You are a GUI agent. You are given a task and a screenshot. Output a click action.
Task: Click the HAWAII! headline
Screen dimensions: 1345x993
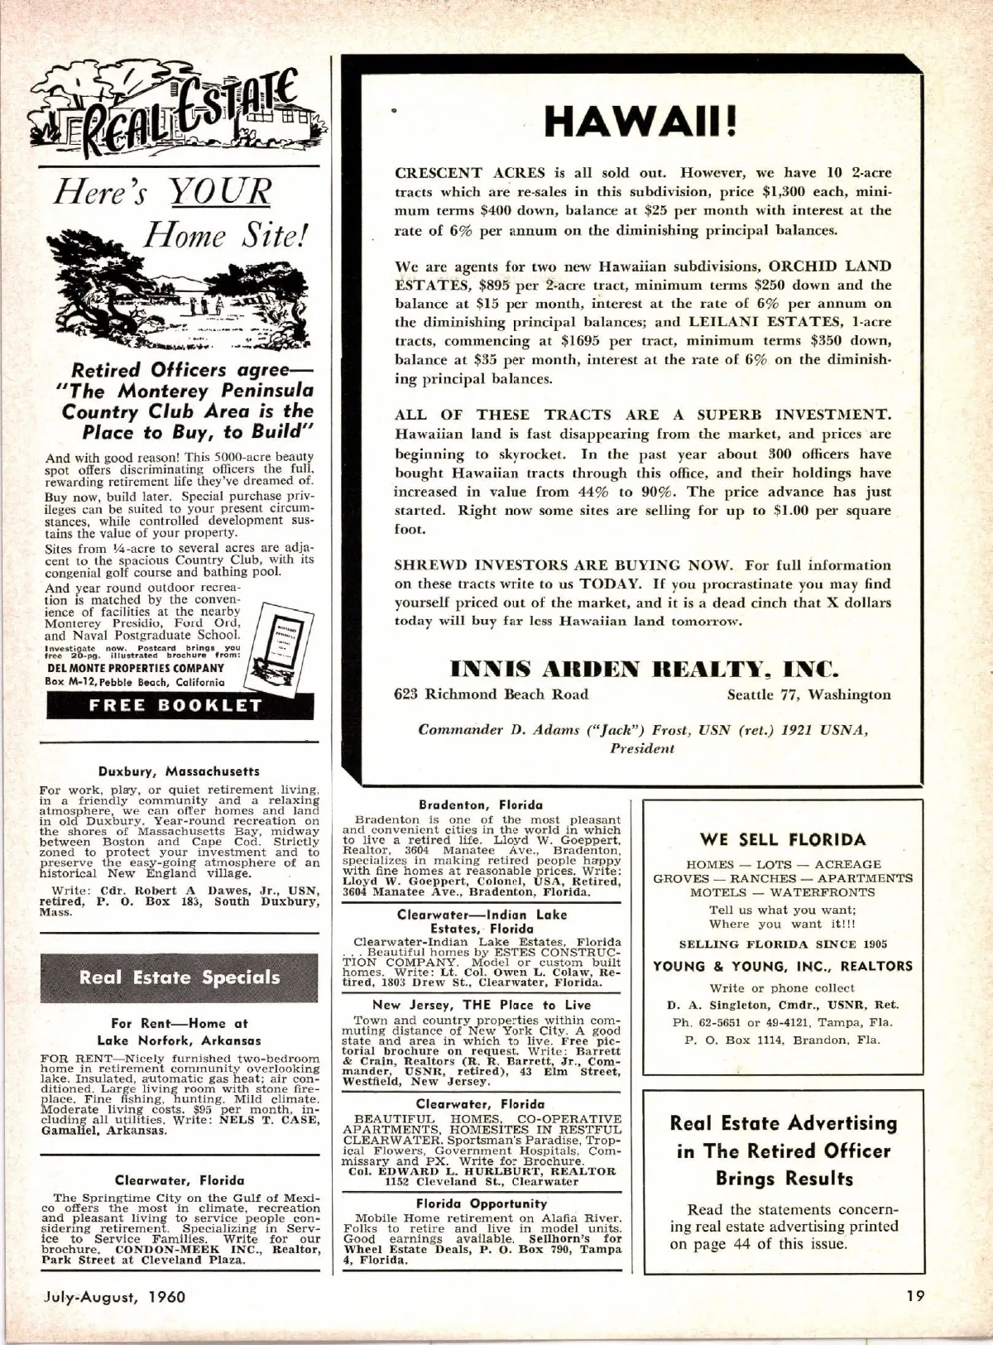[x=641, y=122]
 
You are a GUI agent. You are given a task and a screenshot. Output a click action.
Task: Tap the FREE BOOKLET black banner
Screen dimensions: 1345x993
[x=175, y=706]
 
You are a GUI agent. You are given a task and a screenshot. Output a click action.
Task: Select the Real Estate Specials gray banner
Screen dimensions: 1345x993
[x=180, y=978]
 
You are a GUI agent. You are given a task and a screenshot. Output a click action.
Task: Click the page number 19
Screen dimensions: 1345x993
[x=914, y=1296]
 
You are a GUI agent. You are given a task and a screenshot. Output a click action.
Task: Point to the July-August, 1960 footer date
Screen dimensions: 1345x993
[x=114, y=1296]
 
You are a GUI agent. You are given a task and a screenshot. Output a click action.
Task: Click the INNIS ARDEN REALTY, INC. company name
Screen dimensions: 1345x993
[x=644, y=667]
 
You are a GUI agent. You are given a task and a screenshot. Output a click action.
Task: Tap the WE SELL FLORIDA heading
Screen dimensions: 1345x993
[x=782, y=839]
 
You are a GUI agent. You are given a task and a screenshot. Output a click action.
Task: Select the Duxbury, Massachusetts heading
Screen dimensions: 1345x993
[x=179, y=771]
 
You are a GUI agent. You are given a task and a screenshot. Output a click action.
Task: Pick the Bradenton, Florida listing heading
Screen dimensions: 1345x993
[x=481, y=805]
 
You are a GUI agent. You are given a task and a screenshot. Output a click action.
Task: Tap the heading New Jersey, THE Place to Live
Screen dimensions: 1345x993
[x=481, y=1005]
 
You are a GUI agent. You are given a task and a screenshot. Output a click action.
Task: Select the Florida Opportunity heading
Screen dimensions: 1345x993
[x=481, y=1203]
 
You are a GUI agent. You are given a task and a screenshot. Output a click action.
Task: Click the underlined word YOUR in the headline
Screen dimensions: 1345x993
[x=220, y=192]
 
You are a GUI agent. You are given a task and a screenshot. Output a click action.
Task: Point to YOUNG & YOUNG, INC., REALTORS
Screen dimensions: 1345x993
[x=782, y=966]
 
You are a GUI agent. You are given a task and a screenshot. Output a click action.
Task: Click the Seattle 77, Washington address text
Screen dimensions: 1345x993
[x=808, y=694]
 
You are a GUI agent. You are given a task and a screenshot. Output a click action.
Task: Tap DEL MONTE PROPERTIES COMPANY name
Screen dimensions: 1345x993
[x=134, y=668]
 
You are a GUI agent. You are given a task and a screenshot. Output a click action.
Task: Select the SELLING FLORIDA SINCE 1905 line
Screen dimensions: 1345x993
[x=782, y=944]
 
